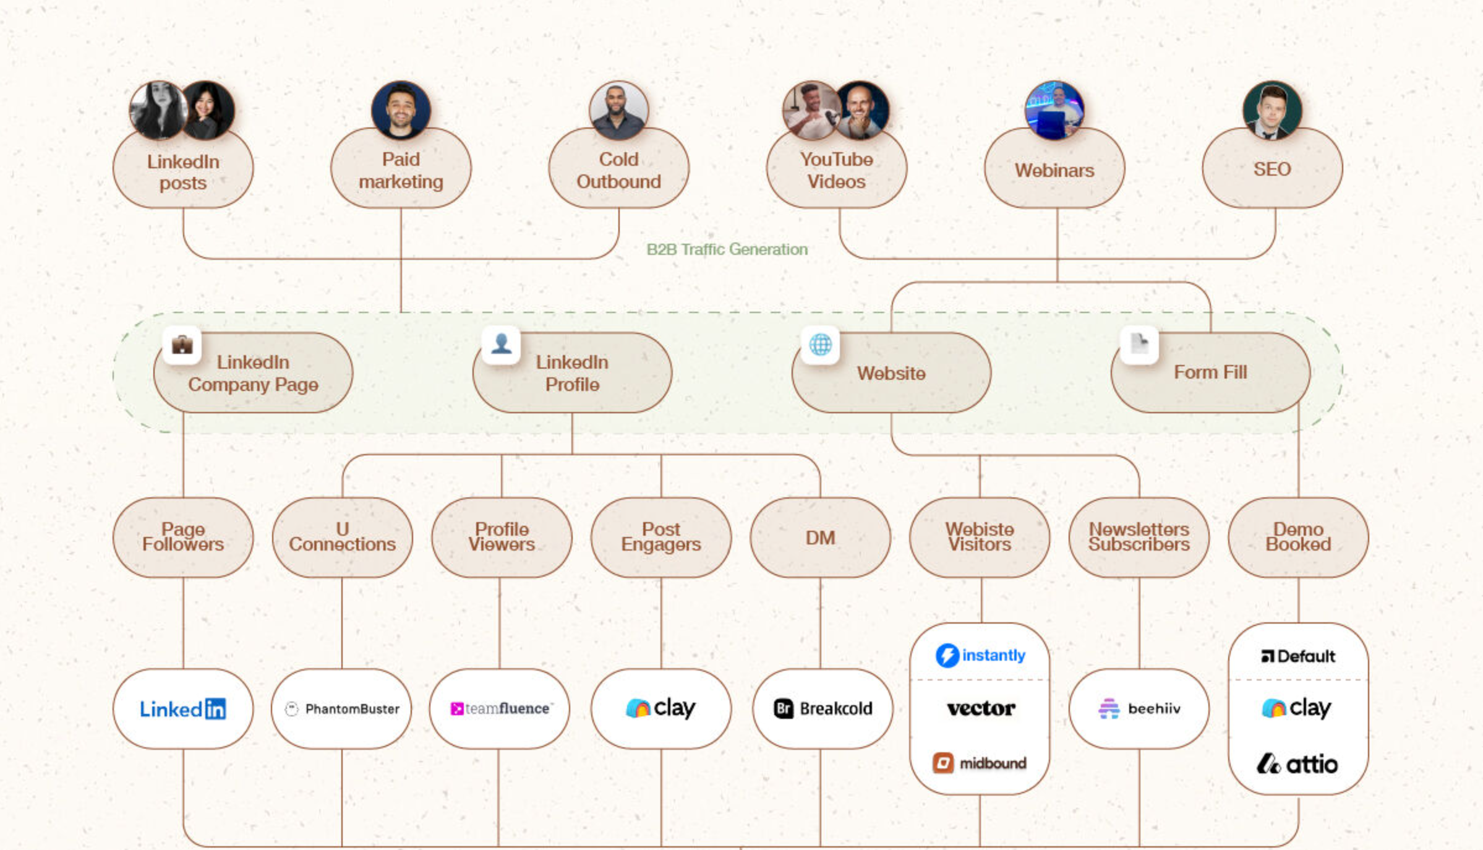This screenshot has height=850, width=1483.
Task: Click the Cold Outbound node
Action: coord(618,170)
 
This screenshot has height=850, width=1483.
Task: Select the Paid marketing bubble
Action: coord(401,170)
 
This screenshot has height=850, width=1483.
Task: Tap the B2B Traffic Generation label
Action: coord(727,249)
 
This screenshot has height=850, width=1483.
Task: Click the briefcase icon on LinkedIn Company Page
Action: coord(182,345)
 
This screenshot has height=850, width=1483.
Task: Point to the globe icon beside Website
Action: coord(820,345)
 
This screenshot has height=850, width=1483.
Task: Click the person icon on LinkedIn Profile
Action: coord(501,344)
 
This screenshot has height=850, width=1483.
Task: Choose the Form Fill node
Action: coord(1210,372)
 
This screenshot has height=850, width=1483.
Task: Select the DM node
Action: coord(820,538)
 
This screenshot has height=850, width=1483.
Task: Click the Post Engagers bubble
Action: coord(660,537)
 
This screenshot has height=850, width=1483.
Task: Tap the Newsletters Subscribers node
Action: coord(1139,537)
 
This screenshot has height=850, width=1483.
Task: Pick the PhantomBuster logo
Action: coord(341,709)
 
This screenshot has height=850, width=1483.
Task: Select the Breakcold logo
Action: coord(823,709)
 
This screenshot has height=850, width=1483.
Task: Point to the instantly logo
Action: coord(980,655)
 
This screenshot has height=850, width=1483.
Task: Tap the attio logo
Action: coord(1297,765)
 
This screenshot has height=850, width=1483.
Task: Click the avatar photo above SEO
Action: coord(1272,110)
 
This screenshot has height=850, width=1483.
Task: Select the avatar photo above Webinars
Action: coord(1054,110)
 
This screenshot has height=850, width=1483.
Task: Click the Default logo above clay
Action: coord(1297,656)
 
